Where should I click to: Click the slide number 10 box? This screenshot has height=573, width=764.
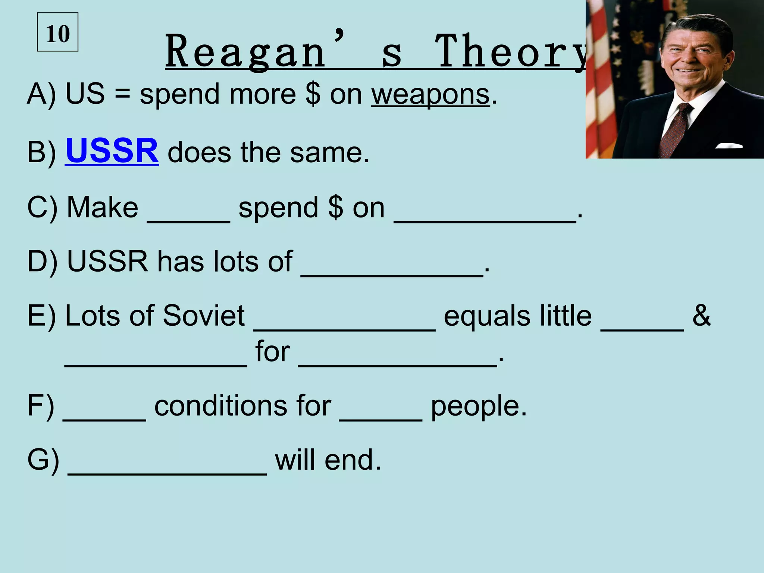coord(57,32)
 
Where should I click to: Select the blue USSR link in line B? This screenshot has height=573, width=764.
coord(112,151)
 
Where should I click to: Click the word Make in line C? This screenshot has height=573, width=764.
coord(102,207)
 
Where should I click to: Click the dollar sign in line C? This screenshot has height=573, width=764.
coord(336,207)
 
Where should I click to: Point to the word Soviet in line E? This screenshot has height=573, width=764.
coord(203,316)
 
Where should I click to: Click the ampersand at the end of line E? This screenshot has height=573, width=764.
coord(701,316)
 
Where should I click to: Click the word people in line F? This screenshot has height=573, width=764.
coord(479,407)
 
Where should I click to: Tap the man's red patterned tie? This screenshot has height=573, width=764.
coord(674,131)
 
